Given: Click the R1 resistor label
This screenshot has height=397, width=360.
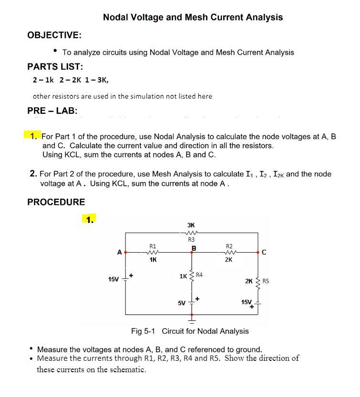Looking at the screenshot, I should coord(153,246).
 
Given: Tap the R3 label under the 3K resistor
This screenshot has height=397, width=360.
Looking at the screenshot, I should coord(191,239).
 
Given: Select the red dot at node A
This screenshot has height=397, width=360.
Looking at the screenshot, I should coord(126,252).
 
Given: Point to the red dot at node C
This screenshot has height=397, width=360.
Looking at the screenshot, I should coord(258,252).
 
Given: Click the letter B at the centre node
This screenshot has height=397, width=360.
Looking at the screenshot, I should coord(194,248).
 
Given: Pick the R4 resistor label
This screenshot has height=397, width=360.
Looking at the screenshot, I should coord(199,275).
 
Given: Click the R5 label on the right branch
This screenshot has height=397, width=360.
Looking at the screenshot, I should coord(266,281).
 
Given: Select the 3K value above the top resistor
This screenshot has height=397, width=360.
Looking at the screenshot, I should coord(191,224).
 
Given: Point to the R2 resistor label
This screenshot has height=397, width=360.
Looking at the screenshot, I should coord(229,246).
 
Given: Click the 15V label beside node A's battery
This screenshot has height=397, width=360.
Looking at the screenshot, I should coord(113,279).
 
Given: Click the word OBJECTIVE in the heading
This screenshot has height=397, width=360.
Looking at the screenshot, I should coord(53,35).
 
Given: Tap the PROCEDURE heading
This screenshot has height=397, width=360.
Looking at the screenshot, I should coord(56,202).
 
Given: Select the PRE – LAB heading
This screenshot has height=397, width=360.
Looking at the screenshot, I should coord(52,111).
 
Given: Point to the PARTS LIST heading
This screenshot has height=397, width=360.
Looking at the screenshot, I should coord(55,66).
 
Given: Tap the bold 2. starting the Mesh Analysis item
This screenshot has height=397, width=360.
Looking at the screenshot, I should coord(33,174).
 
